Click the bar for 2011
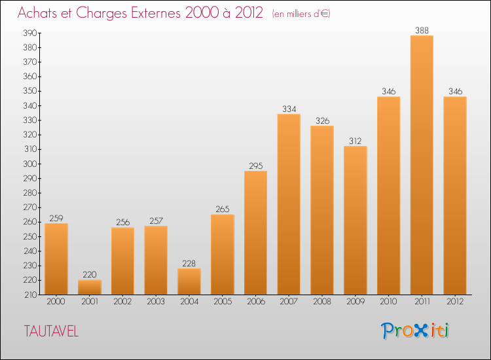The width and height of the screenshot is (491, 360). [422, 165]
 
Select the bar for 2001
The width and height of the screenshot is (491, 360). [90, 287]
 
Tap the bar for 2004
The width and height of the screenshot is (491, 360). [189, 281]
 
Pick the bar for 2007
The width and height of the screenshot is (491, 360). [289, 204]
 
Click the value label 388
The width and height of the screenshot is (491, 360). [422, 30]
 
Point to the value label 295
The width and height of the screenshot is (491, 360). [256, 166]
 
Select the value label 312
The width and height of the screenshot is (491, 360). [355, 141]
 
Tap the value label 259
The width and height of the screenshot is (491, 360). [56, 218]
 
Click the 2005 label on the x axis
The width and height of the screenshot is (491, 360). [223, 301]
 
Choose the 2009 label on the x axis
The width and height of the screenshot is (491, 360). [355, 301]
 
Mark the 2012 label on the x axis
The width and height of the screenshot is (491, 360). [455, 301]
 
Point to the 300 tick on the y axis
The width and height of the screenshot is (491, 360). [30, 164]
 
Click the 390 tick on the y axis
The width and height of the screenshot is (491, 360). [30, 33]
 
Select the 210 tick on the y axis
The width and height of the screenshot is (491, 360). [31, 295]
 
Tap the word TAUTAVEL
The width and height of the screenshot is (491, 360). [51, 331]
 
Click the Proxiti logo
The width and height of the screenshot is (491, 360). [415, 331]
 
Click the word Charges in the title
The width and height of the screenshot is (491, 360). [101, 13]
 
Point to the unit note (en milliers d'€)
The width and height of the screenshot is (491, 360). [301, 14]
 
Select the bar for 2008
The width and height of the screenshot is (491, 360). [322, 210]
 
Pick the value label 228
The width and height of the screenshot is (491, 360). [189, 263]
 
